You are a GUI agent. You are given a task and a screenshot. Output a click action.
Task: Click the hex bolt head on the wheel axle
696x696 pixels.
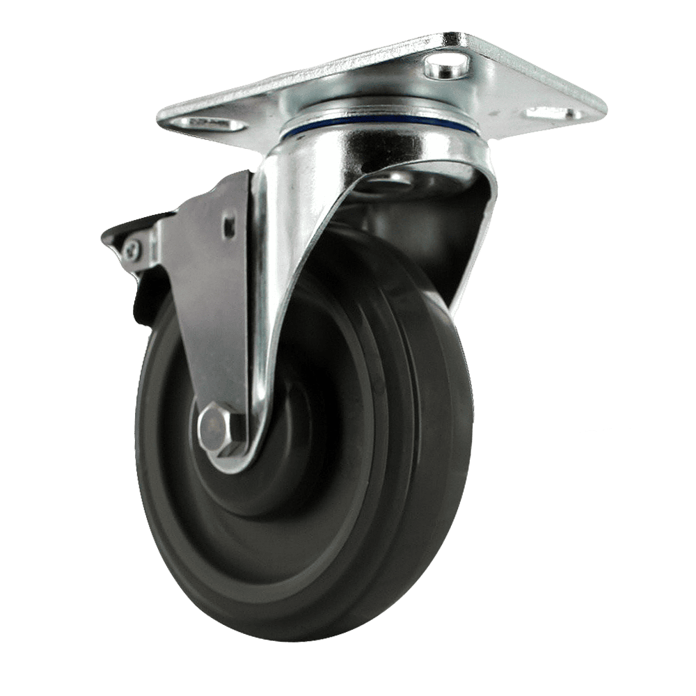[x=215, y=428]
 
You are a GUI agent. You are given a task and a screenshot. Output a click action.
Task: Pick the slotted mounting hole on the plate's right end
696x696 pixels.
[x=553, y=112]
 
